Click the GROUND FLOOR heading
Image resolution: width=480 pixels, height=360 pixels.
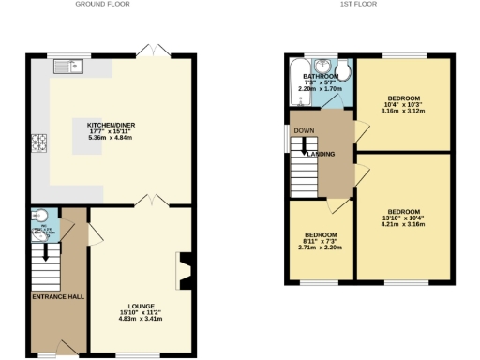point(102,5)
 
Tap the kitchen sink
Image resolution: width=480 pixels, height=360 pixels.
point(68,66)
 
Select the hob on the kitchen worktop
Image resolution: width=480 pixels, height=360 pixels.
point(40,143)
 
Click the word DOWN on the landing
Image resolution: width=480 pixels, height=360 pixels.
point(304,131)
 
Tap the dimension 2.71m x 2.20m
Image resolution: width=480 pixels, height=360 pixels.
point(321,247)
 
